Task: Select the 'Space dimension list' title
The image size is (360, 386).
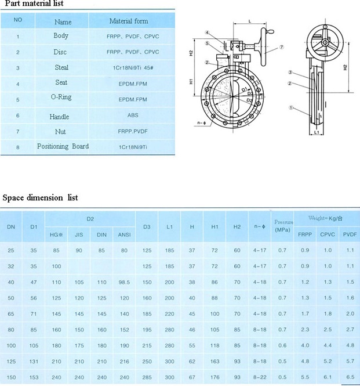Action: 40,197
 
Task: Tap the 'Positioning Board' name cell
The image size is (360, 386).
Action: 63,146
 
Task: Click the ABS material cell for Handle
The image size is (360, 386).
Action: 133,116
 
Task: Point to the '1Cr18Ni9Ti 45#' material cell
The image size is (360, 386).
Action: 133,68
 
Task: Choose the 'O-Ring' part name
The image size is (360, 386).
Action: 62,99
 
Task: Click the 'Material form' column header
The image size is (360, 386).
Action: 129,21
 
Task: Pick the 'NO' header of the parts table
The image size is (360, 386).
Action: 18,20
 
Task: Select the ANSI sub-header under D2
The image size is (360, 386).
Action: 123,235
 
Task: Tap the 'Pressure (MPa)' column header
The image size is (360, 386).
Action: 283,225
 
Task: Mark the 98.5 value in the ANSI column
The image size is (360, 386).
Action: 123,282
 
